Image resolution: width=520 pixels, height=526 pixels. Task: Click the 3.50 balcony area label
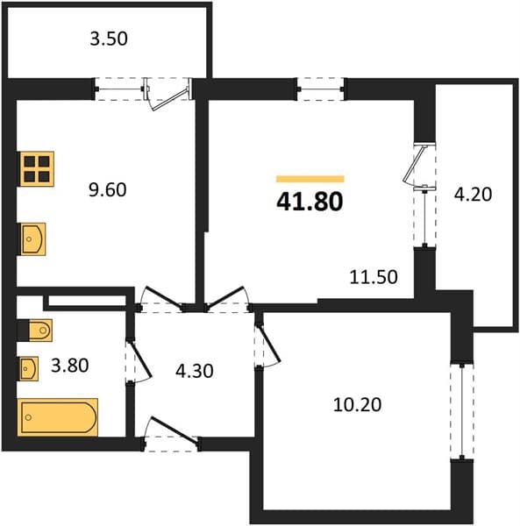point(109,39)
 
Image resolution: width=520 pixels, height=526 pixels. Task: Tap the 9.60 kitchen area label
point(107,189)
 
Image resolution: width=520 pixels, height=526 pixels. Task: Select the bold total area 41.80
point(310,202)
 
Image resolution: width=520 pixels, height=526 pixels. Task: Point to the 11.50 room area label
point(374,277)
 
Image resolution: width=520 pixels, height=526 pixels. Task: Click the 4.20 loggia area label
point(473,195)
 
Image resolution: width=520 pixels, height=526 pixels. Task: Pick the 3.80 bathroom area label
point(70,366)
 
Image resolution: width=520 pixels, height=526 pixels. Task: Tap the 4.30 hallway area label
point(195,371)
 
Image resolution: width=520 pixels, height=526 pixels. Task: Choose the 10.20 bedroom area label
point(357,404)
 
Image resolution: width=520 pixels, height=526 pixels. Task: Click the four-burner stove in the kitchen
point(37,168)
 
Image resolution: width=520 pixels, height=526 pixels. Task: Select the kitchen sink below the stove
point(33,239)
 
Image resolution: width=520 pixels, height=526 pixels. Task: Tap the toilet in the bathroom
point(40,331)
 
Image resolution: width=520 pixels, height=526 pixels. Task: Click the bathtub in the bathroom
point(58,417)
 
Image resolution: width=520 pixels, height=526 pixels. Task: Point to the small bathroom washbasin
point(29,369)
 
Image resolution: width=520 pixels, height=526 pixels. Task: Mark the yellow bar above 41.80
point(310,179)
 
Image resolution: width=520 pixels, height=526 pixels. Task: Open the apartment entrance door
point(171,433)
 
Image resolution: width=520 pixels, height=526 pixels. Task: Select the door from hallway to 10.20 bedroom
point(267,345)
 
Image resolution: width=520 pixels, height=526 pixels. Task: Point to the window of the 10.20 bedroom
point(462,412)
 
